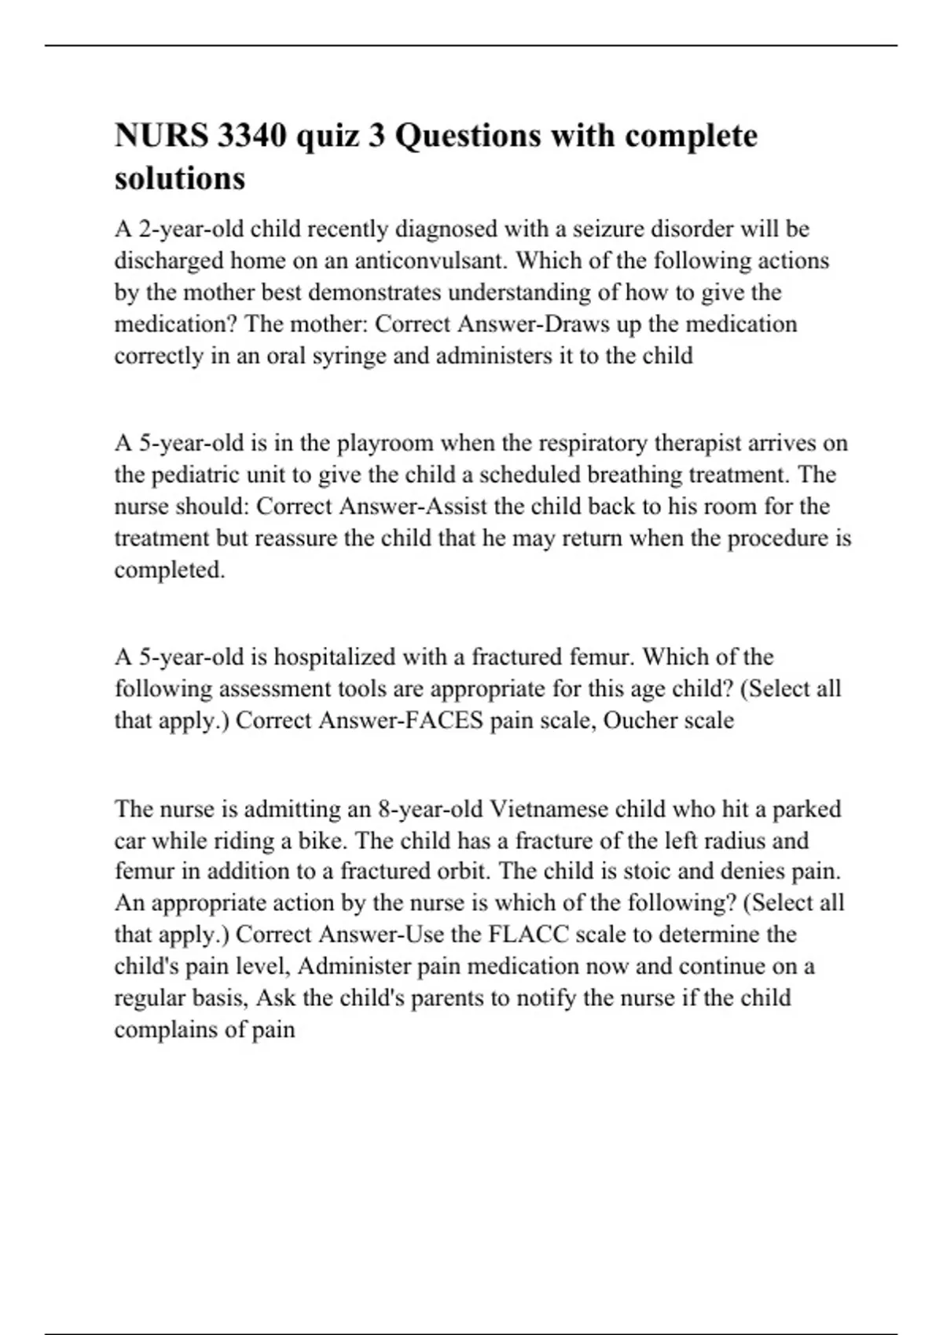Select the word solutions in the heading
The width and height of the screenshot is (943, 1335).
click(x=180, y=178)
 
